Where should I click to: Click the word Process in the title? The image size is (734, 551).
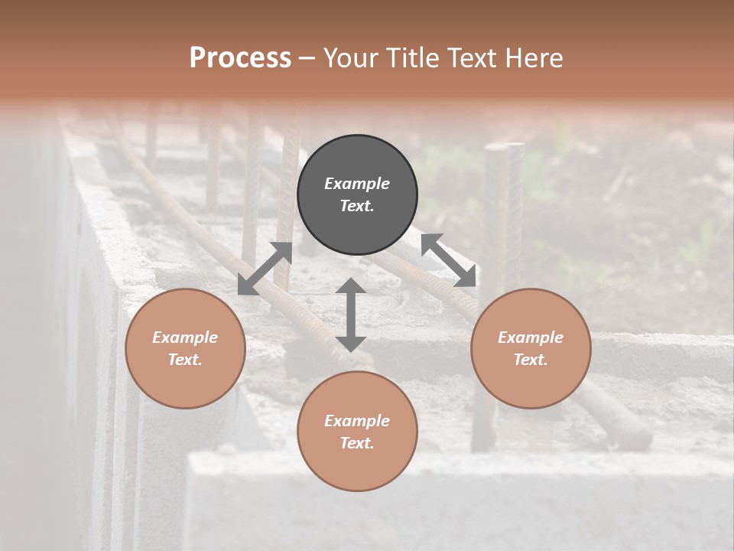240,58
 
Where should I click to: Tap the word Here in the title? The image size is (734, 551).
534,58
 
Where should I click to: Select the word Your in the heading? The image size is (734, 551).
349,58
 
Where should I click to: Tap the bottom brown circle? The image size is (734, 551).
357,467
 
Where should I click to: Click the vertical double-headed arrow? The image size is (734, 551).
351,315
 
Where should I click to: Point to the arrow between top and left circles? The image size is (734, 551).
265,269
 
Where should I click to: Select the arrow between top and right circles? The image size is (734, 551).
449,260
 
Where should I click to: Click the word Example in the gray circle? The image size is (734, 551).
357,184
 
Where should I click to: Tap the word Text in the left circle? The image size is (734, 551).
185,360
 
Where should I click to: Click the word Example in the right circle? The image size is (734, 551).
531,337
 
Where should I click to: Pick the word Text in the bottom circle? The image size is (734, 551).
357,443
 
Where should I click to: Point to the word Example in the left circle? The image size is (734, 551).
185,337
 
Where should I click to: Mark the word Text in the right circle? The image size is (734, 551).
531,360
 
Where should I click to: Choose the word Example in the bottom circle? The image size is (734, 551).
357,421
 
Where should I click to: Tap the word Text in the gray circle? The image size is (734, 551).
357,206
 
